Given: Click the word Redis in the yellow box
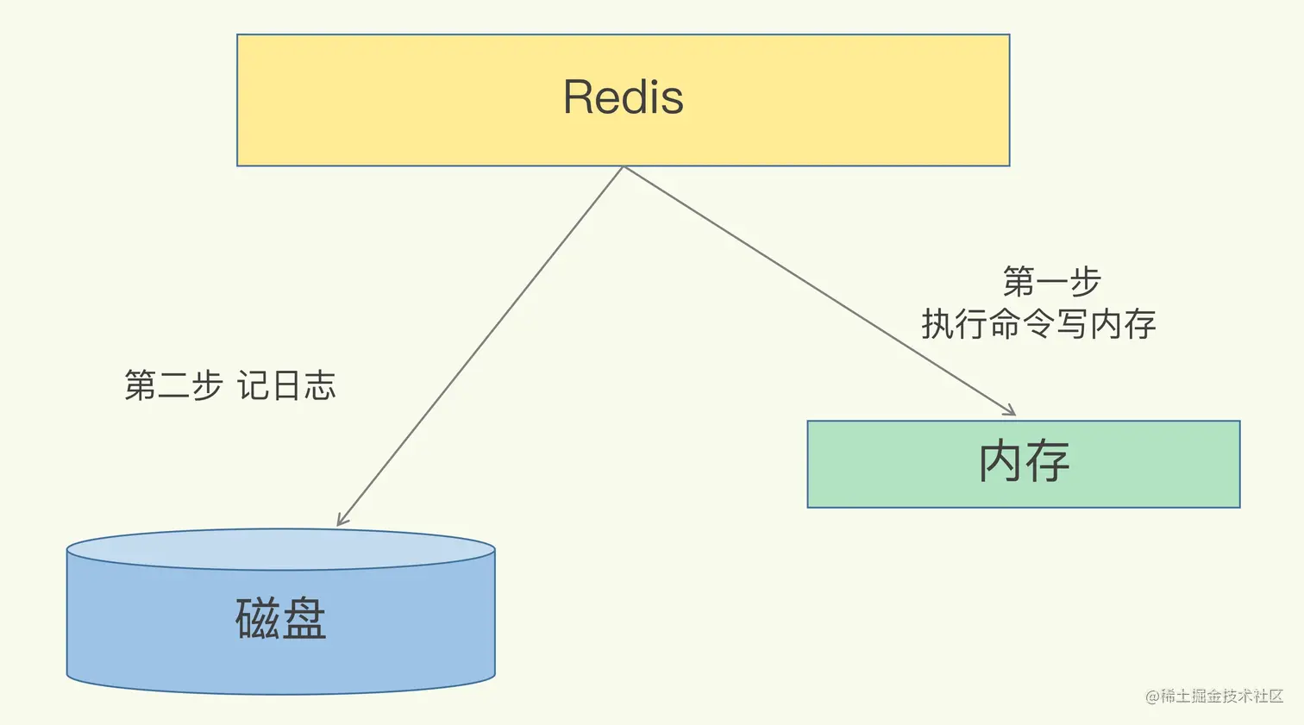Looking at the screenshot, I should click(623, 97).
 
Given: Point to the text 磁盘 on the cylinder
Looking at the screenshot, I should click(280, 618).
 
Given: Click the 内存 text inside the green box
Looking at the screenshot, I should click(1024, 461).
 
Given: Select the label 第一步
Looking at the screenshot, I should click(1051, 281).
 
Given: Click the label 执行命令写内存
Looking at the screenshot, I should click(1038, 324).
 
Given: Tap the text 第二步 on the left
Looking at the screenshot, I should click(173, 385).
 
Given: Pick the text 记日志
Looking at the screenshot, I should click(286, 385).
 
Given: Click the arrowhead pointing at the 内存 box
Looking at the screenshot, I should click(1010, 411).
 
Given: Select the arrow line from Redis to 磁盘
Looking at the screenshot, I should click(480, 345).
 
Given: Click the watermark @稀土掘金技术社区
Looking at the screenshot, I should click(1213, 696).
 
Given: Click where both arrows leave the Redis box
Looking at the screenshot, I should click(623, 167).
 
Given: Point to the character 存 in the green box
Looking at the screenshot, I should click(1047, 461).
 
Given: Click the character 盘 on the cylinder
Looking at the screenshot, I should click(304, 618).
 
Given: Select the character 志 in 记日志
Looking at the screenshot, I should click(319, 385).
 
